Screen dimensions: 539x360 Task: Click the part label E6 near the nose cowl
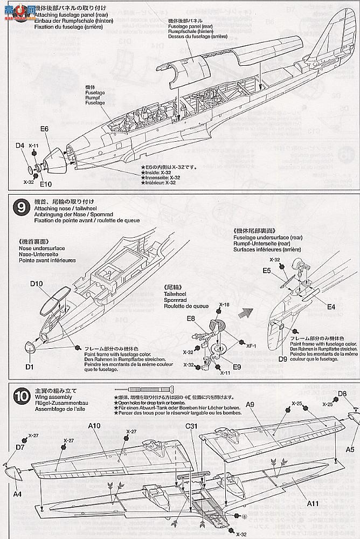click(x=44, y=129)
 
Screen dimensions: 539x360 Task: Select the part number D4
click(x=20, y=145)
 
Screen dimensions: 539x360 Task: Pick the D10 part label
click(x=37, y=284)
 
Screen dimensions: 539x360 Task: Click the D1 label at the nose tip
click(x=29, y=367)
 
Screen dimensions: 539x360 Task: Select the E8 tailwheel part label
click(x=191, y=319)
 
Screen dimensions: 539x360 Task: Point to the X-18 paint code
click(x=224, y=305)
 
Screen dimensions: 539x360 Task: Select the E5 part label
click(x=267, y=271)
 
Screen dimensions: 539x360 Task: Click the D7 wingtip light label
click(x=20, y=447)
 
